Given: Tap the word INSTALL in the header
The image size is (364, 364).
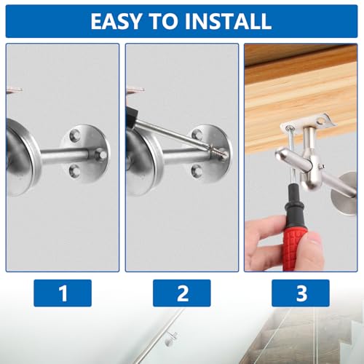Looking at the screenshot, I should pyautogui.click(x=226, y=20).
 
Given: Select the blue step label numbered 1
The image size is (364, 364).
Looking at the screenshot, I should pyautogui.click(x=63, y=293).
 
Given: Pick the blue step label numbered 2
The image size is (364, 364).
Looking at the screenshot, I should pyautogui.click(x=182, y=293).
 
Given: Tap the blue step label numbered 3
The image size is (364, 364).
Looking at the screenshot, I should pyautogui.click(x=301, y=293).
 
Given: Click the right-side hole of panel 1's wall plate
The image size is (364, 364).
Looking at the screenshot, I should pyautogui.click(x=102, y=154).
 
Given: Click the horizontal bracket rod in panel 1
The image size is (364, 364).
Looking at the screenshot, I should pyautogui.click(x=58, y=154).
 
